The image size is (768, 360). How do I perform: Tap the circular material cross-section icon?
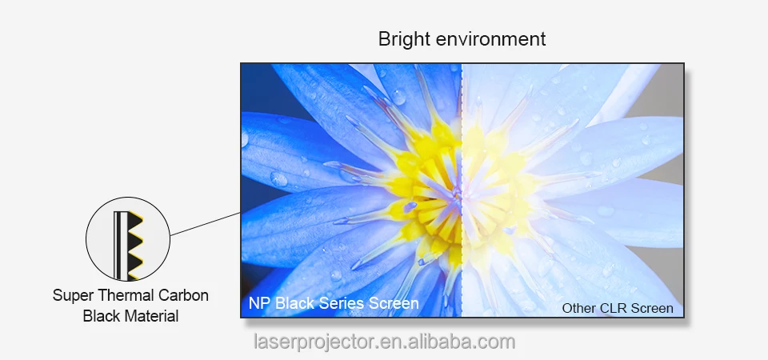pyautogui.click(x=128, y=238)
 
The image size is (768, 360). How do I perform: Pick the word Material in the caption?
pyautogui.click(x=150, y=316)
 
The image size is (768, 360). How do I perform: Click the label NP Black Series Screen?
pyautogui.click(x=334, y=303)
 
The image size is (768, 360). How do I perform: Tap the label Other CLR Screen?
pyautogui.click(x=617, y=308)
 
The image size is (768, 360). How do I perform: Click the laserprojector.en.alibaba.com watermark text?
pyautogui.click(x=384, y=342)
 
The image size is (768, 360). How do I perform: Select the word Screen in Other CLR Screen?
pyautogui.click(x=653, y=308)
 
